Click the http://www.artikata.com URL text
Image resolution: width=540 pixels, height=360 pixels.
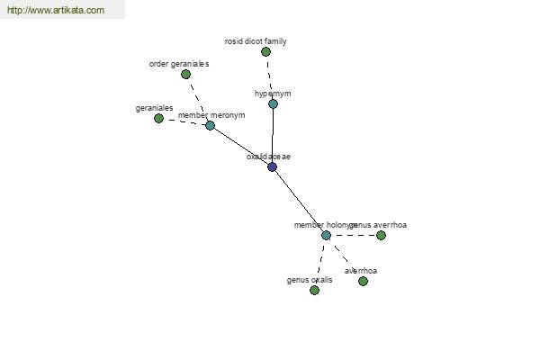[56, 11]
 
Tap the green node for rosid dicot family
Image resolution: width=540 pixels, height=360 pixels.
[265, 52]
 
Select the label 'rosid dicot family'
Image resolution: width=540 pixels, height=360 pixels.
[256, 41]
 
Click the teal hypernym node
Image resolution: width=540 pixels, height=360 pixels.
[273, 103]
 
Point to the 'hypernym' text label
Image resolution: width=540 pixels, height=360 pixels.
[273, 94]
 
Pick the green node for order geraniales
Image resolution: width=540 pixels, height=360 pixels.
[185, 75]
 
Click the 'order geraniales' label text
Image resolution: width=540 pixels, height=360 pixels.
[179, 64]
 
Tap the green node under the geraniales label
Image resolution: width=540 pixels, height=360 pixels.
[158, 118]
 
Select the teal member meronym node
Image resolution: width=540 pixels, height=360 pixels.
[210, 125]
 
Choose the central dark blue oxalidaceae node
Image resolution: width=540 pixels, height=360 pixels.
[272, 166]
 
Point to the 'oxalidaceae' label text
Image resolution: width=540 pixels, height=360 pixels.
[269, 157]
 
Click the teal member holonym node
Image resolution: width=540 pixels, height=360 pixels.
[326, 235]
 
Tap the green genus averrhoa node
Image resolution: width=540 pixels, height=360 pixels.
[381, 235]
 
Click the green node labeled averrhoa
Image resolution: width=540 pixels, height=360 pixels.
[363, 281]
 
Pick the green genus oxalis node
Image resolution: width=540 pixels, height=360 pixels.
[314, 290]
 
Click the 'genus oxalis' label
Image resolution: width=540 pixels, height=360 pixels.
[310, 280]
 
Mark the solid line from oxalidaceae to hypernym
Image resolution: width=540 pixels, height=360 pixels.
[273, 135]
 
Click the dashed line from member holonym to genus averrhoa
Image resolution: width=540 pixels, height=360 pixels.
[354, 235]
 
